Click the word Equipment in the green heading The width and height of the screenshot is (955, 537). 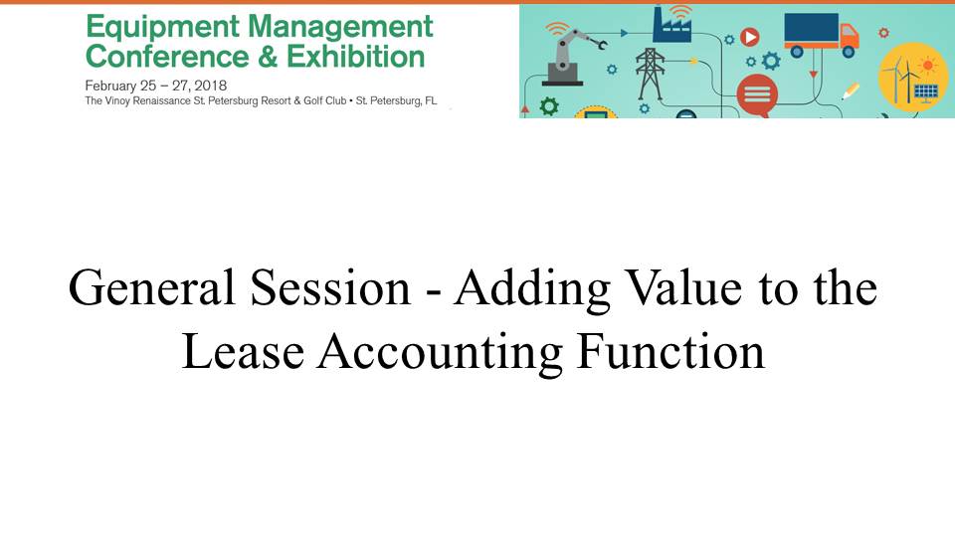click(162, 28)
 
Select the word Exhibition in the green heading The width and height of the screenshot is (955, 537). click(356, 57)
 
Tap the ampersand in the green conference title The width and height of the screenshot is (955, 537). click(268, 57)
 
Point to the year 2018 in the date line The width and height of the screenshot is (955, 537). click(210, 86)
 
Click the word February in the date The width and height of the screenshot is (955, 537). click(110, 86)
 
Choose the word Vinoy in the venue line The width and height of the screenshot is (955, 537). click(117, 101)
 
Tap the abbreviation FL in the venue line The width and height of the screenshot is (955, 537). click(431, 101)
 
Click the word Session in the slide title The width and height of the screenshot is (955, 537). click(330, 287)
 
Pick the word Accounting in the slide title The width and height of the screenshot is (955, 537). click(439, 351)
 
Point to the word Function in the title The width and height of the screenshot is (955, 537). click(670, 351)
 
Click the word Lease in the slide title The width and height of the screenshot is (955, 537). click(243, 351)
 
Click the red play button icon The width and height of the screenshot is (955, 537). click(750, 38)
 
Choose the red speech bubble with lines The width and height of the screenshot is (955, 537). click(757, 95)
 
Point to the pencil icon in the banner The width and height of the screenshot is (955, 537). click(851, 90)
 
